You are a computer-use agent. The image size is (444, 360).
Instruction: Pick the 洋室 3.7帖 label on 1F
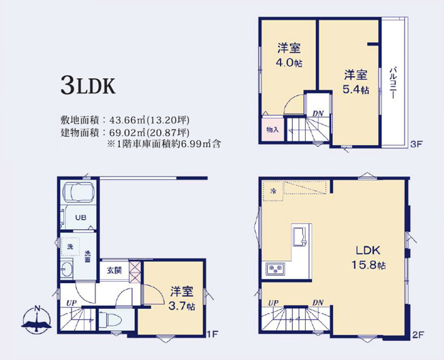(x=182, y=299)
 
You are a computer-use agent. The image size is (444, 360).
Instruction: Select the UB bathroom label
(x=80, y=218)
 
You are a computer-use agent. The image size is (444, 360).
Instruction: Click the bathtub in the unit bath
(x=80, y=193)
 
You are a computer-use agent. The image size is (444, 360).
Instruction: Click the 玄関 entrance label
(x=114, y=270)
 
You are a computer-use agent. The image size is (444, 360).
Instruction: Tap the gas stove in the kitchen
(x=276, y=269)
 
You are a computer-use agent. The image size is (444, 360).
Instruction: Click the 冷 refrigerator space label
(x=272, y=191)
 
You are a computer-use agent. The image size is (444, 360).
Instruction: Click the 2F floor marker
(x=417, y=335)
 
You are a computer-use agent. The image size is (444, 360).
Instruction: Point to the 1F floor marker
(x=212, y=334)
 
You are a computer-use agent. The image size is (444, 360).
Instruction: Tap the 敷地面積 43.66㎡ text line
(x=125, y=120)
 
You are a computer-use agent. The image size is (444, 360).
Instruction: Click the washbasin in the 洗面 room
(x=67, y=268)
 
